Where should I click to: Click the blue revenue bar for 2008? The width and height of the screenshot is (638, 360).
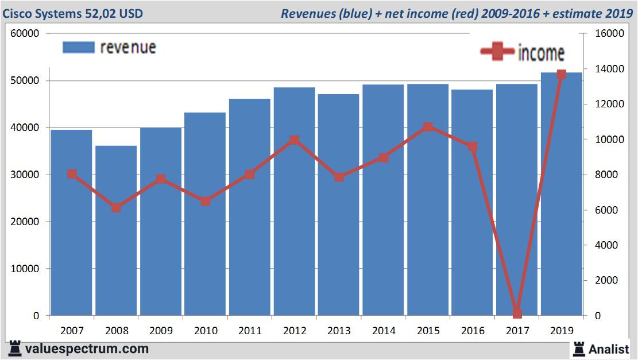tap(116, 230)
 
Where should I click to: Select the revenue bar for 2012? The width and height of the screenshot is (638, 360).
tap(294, 201)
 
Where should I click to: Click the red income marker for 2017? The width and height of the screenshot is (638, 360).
tap(517, 313)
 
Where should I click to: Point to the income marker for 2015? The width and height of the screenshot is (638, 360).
tap(428, 127)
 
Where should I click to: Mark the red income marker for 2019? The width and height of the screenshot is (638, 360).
tap(561, 74)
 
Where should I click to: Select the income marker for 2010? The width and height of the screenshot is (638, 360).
tap(205, 201)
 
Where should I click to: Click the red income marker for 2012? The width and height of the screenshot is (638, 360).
tap(294, 140)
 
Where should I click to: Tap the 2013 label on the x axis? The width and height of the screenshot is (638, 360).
tap(339, 331)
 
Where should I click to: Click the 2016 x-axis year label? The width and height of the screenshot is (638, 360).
tap(472, 331)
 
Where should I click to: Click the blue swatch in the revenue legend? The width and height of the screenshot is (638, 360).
tap(78, 47)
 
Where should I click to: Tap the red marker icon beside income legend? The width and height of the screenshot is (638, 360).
tap(497, 52)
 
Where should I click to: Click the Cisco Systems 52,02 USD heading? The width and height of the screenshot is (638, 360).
tap(73, 13)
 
